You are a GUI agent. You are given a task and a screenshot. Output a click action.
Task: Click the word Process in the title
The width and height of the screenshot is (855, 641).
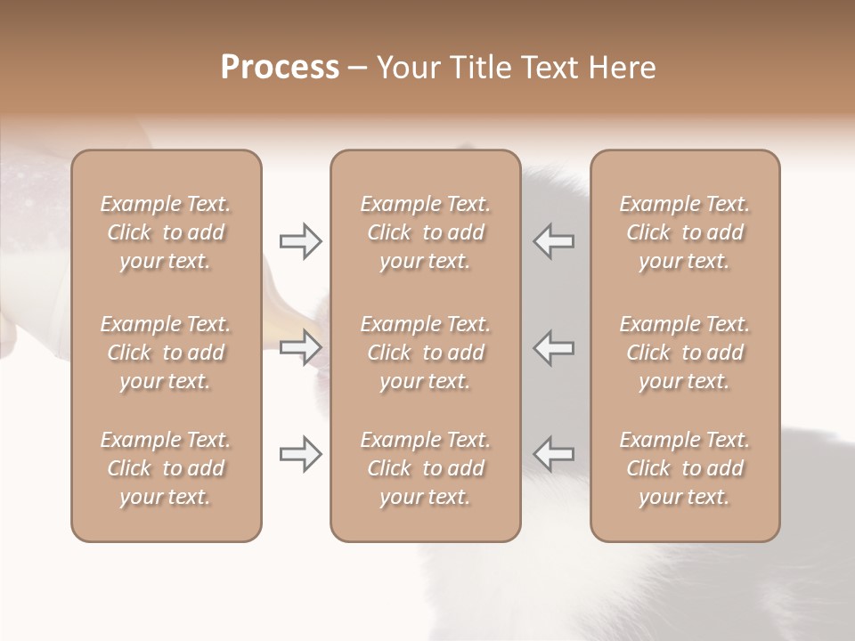pyautogui.click(x=280, y=68)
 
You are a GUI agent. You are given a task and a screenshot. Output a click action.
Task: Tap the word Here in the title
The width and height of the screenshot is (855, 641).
pyautogui.click(x=623, y=68)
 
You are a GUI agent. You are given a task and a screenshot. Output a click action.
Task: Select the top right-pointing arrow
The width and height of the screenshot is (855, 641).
pyautogui.click(x=300, y=241)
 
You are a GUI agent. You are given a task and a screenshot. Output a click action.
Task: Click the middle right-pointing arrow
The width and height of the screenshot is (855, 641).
pyautogui.click(x=300, y=347)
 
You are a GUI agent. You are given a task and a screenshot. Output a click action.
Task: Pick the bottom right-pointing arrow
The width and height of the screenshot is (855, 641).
pyautogui.click(x=300, y=454)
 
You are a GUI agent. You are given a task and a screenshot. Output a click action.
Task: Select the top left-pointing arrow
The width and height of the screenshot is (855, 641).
pyautogui.click(x=554, y=241)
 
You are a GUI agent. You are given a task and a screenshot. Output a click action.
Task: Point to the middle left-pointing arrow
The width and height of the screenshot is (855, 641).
pyautogui.click(x=554, y=347)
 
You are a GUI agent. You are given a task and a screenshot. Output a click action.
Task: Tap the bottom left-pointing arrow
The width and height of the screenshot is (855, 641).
pyautogui.click(x=554, y=454)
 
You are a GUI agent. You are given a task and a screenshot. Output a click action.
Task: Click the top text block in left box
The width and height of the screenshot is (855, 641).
pyautogui.click(x=166, y=232)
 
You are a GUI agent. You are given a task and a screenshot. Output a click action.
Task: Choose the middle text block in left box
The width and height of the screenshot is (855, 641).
pyautogui.click(x=166, y=353)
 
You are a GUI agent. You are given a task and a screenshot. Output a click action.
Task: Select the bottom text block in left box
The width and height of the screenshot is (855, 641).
pyautogui.click(x=166, y=468)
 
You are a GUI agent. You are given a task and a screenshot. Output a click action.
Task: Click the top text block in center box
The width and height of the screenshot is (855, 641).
pyautogui.click(x=425, y=232)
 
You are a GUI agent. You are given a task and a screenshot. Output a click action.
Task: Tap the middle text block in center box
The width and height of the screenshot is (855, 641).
pyautogui.click(x=425, y=353)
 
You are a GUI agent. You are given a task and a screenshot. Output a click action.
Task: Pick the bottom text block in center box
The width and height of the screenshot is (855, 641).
pyautogui.click(x=425, y=468)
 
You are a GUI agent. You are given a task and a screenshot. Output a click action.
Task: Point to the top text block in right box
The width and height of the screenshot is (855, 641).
pyautogui.click(x=685, y=232)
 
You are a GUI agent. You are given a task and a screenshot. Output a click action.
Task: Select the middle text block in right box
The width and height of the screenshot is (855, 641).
pyautogui.click(x=685, y=353)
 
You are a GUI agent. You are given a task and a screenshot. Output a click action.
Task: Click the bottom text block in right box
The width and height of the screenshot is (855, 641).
pyautogui.click(x=685, y=468)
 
